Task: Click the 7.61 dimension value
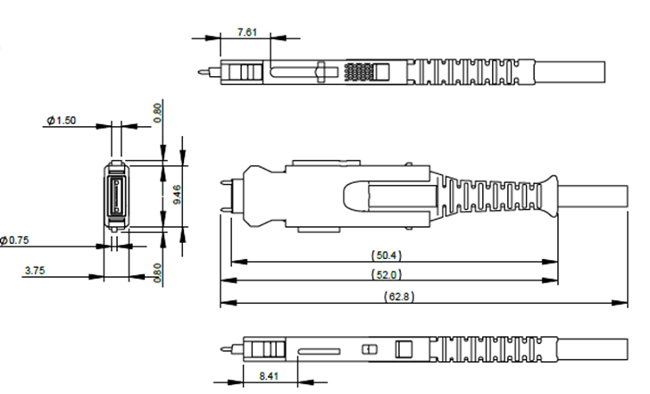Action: pyautogui.click(x=247, y=32)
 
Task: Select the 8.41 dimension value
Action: pyautogui.click(x=269, y=376)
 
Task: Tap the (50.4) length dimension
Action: pyautogui.click(x=387, y=255)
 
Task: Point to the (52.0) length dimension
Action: pyautogui.click(x=387, y=274)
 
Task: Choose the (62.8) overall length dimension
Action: pyautogui.click(x=399, y=297)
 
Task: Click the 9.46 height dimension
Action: pyautogui.click(x=177, y=195)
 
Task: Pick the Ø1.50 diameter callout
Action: pyautogui.click(x=62, y=121)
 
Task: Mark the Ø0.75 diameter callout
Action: pyautogui.click(x=14, y=240)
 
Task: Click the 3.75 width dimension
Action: pyautogui.click(x=35, y=271)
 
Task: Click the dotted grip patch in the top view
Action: pyautogui.click(x=359, y=71)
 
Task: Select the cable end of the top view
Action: pyautogui.click(x=569, y=72)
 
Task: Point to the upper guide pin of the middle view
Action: pyautogui.click(x=227, y=181)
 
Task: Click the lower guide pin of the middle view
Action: pyautogui.click(x=227, y=209)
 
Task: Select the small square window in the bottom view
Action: pyautogui.click(x=404, y=349)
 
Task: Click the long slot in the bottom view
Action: pyautogui.click(x=319, y=352)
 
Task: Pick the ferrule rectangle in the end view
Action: pyautogui.click(x=116, y=196)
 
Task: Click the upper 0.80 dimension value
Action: pyautogui.click(x=157, y=113)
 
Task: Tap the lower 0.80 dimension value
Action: pyautogui.click(x=157, y=272)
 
